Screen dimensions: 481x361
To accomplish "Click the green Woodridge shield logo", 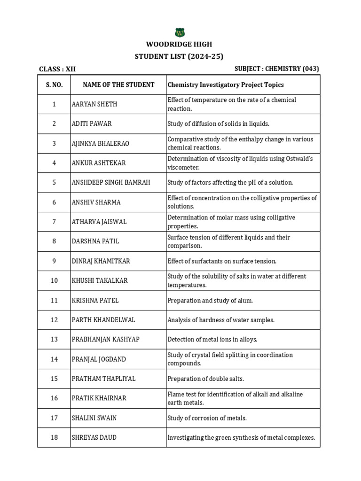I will click(x=180, y=32).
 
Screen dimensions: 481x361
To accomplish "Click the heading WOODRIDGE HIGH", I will click(x=179, y=45).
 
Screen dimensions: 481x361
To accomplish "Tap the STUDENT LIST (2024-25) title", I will click(x=179, y=56).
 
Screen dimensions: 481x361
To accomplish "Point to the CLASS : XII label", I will click(x=57, y=69).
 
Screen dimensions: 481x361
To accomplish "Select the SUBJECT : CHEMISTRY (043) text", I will click(x=276, y=69).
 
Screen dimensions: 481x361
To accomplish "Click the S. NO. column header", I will click(x=54, y=85).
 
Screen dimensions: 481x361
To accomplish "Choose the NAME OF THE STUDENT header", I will click(x=118, y=85).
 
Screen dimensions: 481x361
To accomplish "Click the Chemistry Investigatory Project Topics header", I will click(x=226, y=85).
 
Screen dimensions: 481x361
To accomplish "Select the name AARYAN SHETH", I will click(x=94, y=104).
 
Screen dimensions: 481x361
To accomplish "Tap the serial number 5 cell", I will click(x=54, y=183).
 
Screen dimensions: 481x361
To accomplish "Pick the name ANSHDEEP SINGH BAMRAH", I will click(x=111, y=183).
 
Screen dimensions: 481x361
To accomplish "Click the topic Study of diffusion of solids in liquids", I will click(x=218, y=124).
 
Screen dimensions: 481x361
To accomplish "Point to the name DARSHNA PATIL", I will click(x=95, y=241).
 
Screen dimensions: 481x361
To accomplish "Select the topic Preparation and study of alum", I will click(x=210, y=301).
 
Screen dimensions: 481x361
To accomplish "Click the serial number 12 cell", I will click(x=54, y=320).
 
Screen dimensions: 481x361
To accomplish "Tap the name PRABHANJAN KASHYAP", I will click(x=106, y=340).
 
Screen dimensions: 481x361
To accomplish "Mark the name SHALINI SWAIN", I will click(x=94, y=418).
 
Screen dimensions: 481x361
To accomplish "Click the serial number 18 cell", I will click(x=54, y=438).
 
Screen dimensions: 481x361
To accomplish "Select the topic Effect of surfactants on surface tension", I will click(x=222, y=261).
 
